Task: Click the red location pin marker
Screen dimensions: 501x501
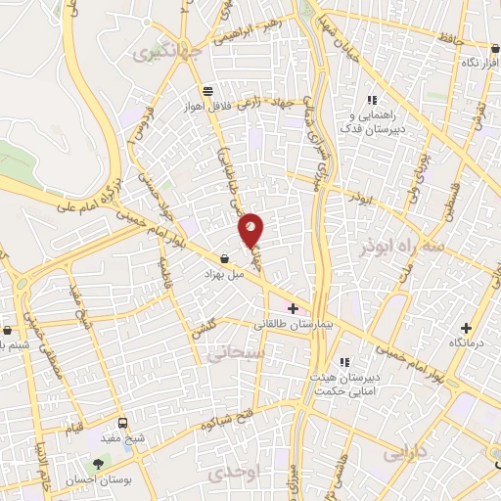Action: tap(251, 229)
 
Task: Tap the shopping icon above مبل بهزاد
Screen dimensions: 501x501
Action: tap(226, 259)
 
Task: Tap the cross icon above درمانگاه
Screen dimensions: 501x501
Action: tap(466, 328)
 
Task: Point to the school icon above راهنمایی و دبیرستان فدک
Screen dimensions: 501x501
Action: tap(371, 100)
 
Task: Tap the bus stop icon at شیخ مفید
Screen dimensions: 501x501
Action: tap(122, 424)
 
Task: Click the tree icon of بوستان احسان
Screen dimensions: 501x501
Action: tap(98, 465)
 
